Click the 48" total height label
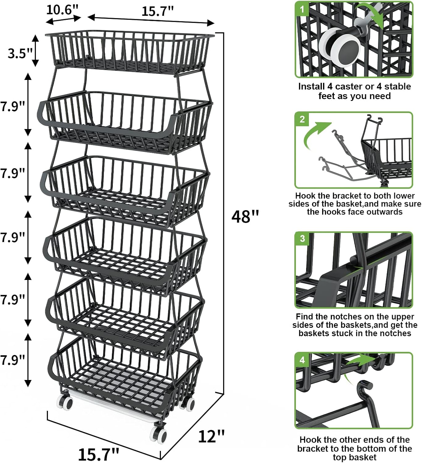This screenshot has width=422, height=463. tap(245, 216)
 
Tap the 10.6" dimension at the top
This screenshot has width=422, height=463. tap(63, 10)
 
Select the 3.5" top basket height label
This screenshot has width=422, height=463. tap(20, 53)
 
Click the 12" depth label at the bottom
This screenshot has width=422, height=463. tap(211, 436)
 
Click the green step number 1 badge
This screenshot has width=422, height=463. tap(302, 9)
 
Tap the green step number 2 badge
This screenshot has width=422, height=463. tap(302, 119)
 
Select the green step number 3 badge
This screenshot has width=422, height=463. tap(302, 239)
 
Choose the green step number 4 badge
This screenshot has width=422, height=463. tap(302, 360)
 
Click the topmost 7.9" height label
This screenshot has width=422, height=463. tap(12, 107)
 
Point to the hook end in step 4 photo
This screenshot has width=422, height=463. tap(365, 386)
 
